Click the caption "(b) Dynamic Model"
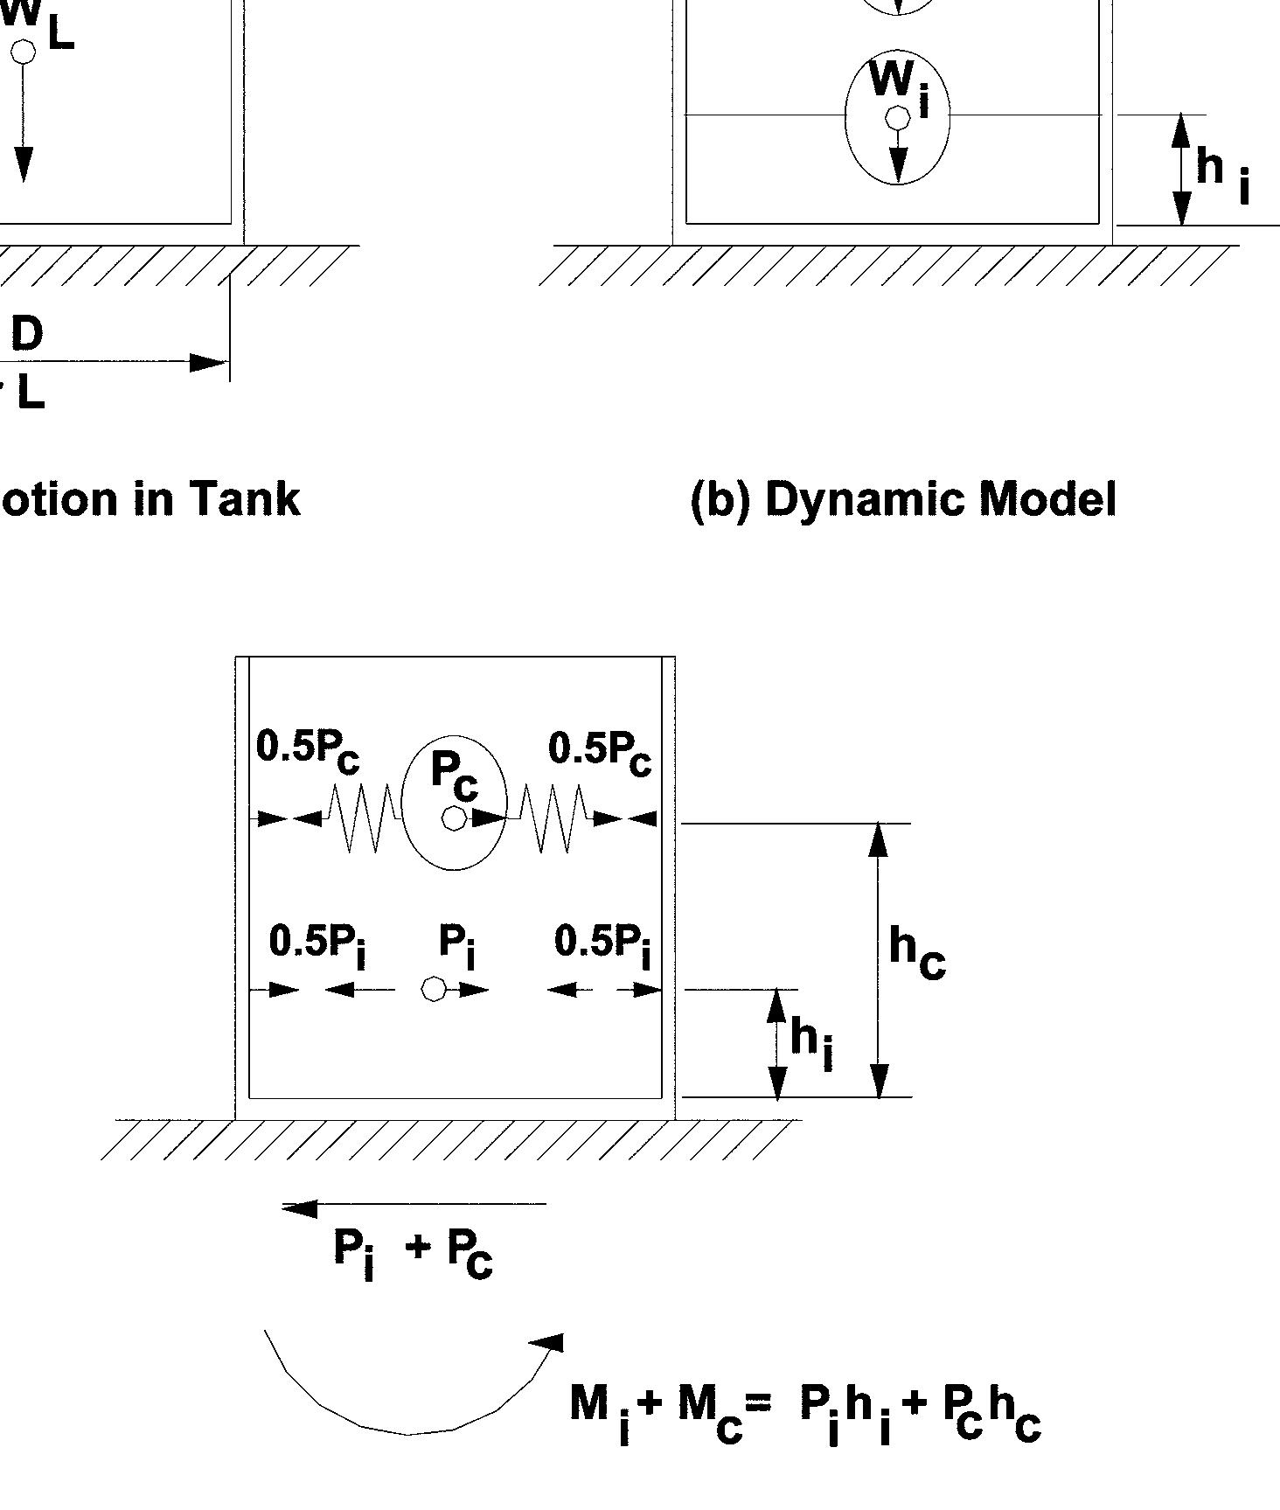[903, 500]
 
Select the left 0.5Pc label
[308, 750]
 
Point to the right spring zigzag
[553, 818]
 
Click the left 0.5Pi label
[317, 944]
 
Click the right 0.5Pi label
[603, 944]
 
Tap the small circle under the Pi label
[434, 989]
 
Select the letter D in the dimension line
[26, 334]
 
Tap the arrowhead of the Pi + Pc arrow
[297, 1208]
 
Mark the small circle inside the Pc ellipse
[454, 818]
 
